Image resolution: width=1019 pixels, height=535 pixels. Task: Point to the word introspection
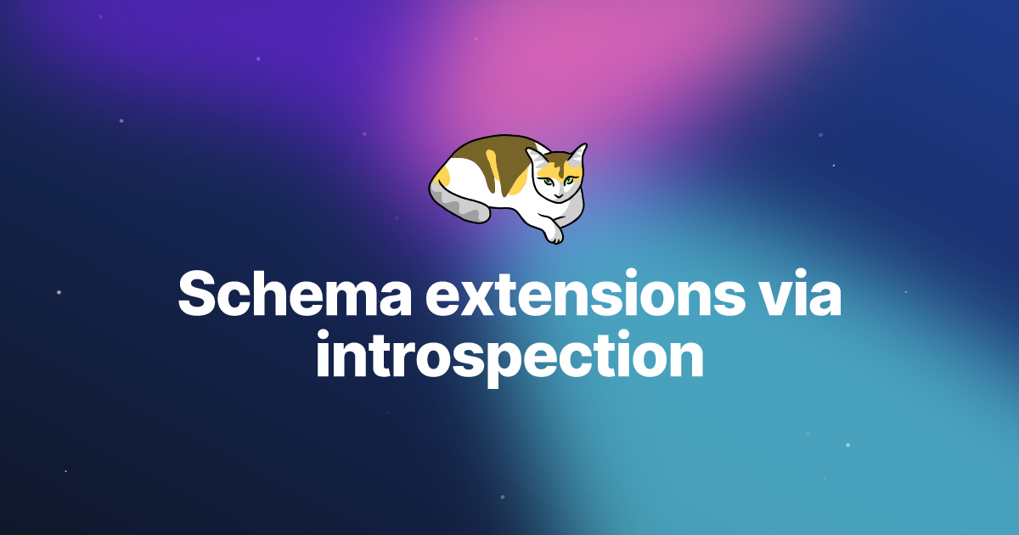coord(509,358)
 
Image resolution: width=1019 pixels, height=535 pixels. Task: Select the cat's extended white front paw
coord(554,231)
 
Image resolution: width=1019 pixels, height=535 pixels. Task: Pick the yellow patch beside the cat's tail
coord(441,176)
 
